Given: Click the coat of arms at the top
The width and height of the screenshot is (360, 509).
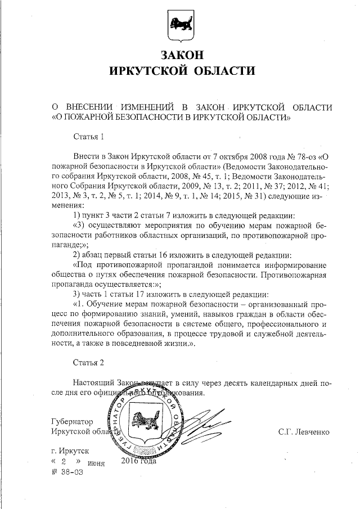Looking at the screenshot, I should click(181, 25).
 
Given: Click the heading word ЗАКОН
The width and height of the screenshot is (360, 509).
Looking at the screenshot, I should click(180, 55).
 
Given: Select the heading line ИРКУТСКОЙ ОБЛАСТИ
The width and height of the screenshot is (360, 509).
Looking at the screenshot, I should click(181, 71).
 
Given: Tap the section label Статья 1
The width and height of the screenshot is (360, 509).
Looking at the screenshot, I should click(89, 136).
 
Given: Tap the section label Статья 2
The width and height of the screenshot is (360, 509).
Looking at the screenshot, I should click(89, 360).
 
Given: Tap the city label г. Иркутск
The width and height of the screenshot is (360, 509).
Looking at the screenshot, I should click(69, 451).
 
